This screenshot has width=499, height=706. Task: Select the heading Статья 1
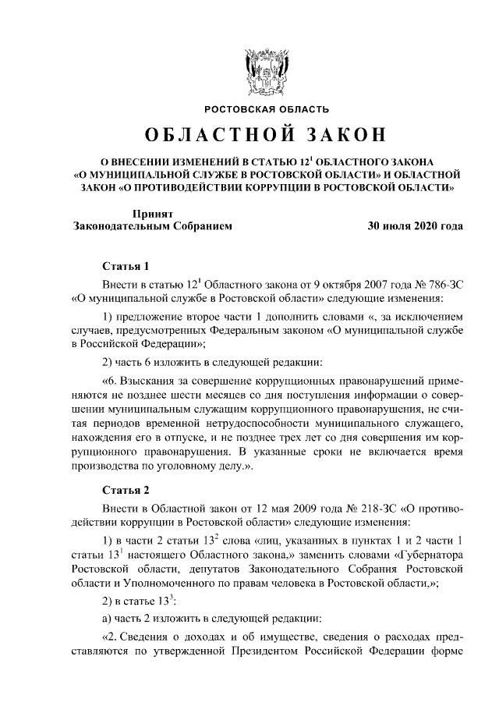pyautogui.click(x=125, y=265)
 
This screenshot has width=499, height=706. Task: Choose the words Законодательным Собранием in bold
pyautogui.click(x=152, y=226)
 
